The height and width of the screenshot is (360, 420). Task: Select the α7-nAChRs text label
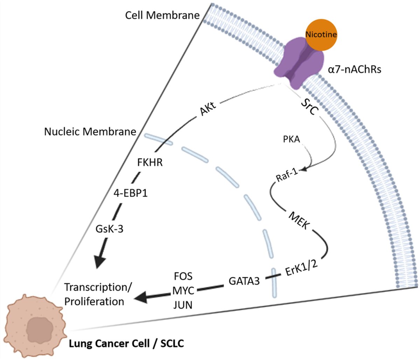355,69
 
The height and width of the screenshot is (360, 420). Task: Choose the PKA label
291,139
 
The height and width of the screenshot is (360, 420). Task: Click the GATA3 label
244,281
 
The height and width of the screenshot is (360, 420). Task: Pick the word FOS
183,276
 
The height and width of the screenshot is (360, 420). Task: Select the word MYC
183,291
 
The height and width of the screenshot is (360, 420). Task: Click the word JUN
183,305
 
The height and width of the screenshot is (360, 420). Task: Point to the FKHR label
150,162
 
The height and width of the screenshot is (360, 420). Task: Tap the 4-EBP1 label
131,193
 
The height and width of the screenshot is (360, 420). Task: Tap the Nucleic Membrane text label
90,132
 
